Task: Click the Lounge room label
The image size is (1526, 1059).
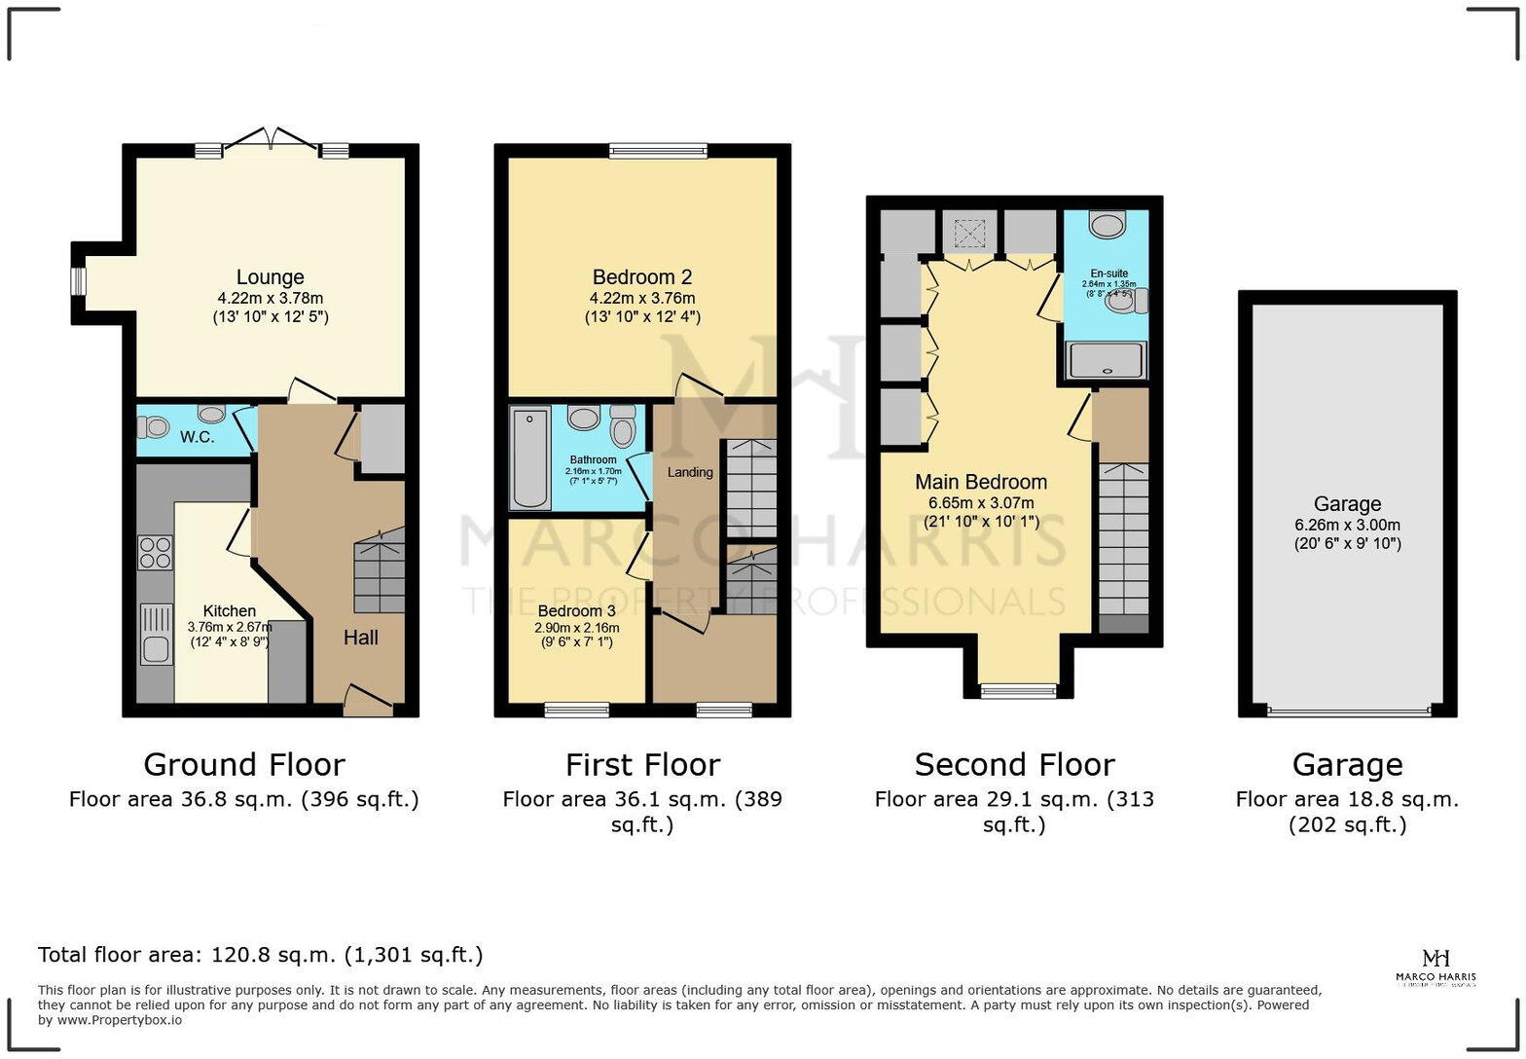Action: coord(270,277)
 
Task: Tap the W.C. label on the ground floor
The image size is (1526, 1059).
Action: coord(197,437)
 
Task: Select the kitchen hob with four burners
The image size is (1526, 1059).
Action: coord(155,552)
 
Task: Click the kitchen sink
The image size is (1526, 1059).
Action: coord(156,634)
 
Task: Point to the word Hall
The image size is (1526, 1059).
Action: coord(360,638)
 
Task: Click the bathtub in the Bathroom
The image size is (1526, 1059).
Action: coord(529,458)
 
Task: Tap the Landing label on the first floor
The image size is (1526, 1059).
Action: coord(689,472)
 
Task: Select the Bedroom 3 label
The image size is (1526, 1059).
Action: coord(576,611)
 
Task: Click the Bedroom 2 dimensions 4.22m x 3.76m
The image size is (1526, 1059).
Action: coord(642,298)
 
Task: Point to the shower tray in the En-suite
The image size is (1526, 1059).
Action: coord(1107,360)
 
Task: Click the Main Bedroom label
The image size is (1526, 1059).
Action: coord(981,482)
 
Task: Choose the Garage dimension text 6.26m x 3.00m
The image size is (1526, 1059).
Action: coord(1347,525)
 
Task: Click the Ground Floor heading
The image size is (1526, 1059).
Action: coord(243,765)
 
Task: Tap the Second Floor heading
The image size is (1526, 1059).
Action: coord(1014,765)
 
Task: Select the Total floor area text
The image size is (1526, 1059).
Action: coord(260,955)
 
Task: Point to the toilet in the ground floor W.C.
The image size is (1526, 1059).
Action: coord(152,427)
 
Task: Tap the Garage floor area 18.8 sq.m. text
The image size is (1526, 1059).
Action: coord(1347,800)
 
